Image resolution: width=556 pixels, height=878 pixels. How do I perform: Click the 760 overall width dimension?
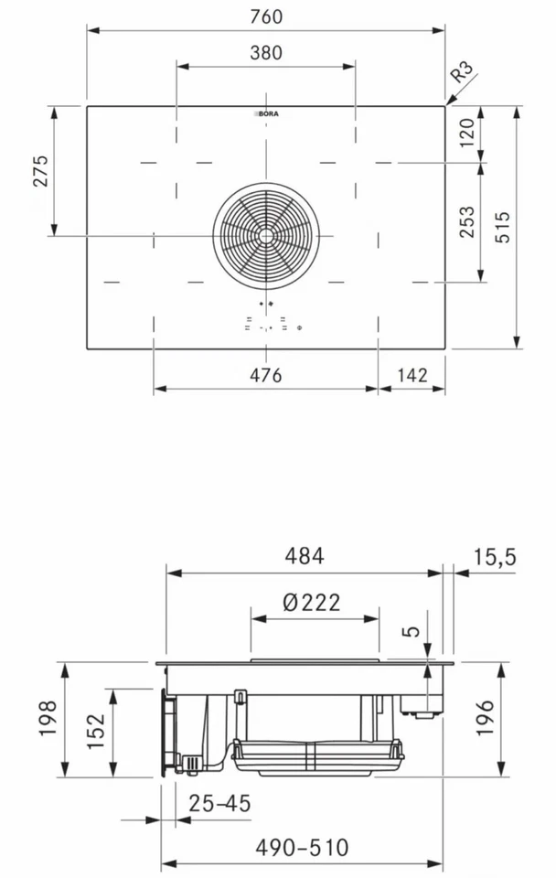coord(265,16)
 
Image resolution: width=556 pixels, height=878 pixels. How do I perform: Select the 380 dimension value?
coord(265,53)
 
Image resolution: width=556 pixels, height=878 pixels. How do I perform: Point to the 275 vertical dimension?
coord(40,171)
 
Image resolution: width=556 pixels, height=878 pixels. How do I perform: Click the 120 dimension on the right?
coord(467,134)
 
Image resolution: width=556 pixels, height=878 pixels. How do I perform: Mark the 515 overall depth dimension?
coord(504,227)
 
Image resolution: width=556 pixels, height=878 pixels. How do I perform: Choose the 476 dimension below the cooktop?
coord(265,375)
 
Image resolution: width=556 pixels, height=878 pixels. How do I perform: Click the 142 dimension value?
coord(412,375)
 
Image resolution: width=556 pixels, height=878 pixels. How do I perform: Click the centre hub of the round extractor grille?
coord(265,235)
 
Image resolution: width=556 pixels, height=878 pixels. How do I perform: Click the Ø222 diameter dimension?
coord(312,602)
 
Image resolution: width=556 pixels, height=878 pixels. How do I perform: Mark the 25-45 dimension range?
coord(219,804)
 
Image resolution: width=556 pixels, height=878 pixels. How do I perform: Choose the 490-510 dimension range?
coord(302,848)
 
